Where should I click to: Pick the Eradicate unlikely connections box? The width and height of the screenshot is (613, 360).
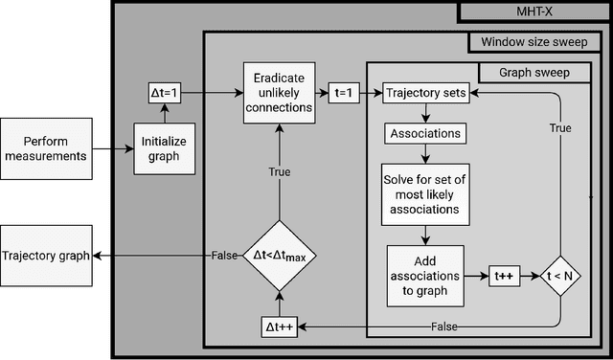277,94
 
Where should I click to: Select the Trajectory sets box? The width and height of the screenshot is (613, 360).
424,94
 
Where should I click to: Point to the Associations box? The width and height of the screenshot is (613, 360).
424,134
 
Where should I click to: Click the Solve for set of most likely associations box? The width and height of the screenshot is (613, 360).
424,191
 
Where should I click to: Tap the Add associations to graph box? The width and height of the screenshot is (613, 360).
424,275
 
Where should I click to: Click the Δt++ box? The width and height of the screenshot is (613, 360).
278,326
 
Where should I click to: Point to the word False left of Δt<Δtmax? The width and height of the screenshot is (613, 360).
223,255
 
